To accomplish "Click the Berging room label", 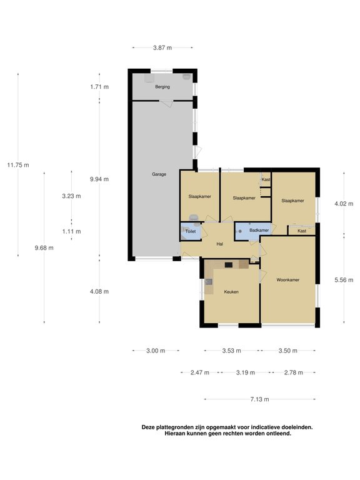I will tap(162, 87).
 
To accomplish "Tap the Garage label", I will tap(159, 174).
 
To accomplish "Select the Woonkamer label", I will tap(288, 279).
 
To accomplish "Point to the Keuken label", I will tap(231, 292).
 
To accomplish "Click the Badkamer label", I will tap(258, 231).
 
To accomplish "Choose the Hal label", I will tap(220, 244).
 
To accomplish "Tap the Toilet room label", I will tap(191, 232).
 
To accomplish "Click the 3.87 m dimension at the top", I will tap(162, 47).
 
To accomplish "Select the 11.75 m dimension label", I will tap(18, 165).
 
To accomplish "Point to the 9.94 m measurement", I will tap(99, 179).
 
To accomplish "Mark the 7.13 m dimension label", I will tap(260, 398).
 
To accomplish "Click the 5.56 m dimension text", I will tap(344, 279).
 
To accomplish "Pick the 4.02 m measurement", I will tap(344, 204).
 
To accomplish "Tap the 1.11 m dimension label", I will tap(71, 231).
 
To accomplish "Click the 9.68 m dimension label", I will tap(44, 247).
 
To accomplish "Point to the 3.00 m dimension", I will tap(156, 351).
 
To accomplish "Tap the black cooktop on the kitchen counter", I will tap(229, 265).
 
